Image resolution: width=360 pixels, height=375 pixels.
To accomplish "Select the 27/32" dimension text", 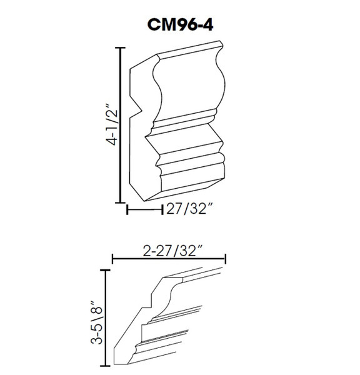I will click(x=189, y=210).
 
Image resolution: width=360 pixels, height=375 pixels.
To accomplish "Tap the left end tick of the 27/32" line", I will click(x=128, y=210).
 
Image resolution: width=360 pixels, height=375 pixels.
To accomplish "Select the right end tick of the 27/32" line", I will click(x=162, y=210).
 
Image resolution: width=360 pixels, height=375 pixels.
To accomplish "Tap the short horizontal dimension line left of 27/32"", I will click(x=145, y=210).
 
